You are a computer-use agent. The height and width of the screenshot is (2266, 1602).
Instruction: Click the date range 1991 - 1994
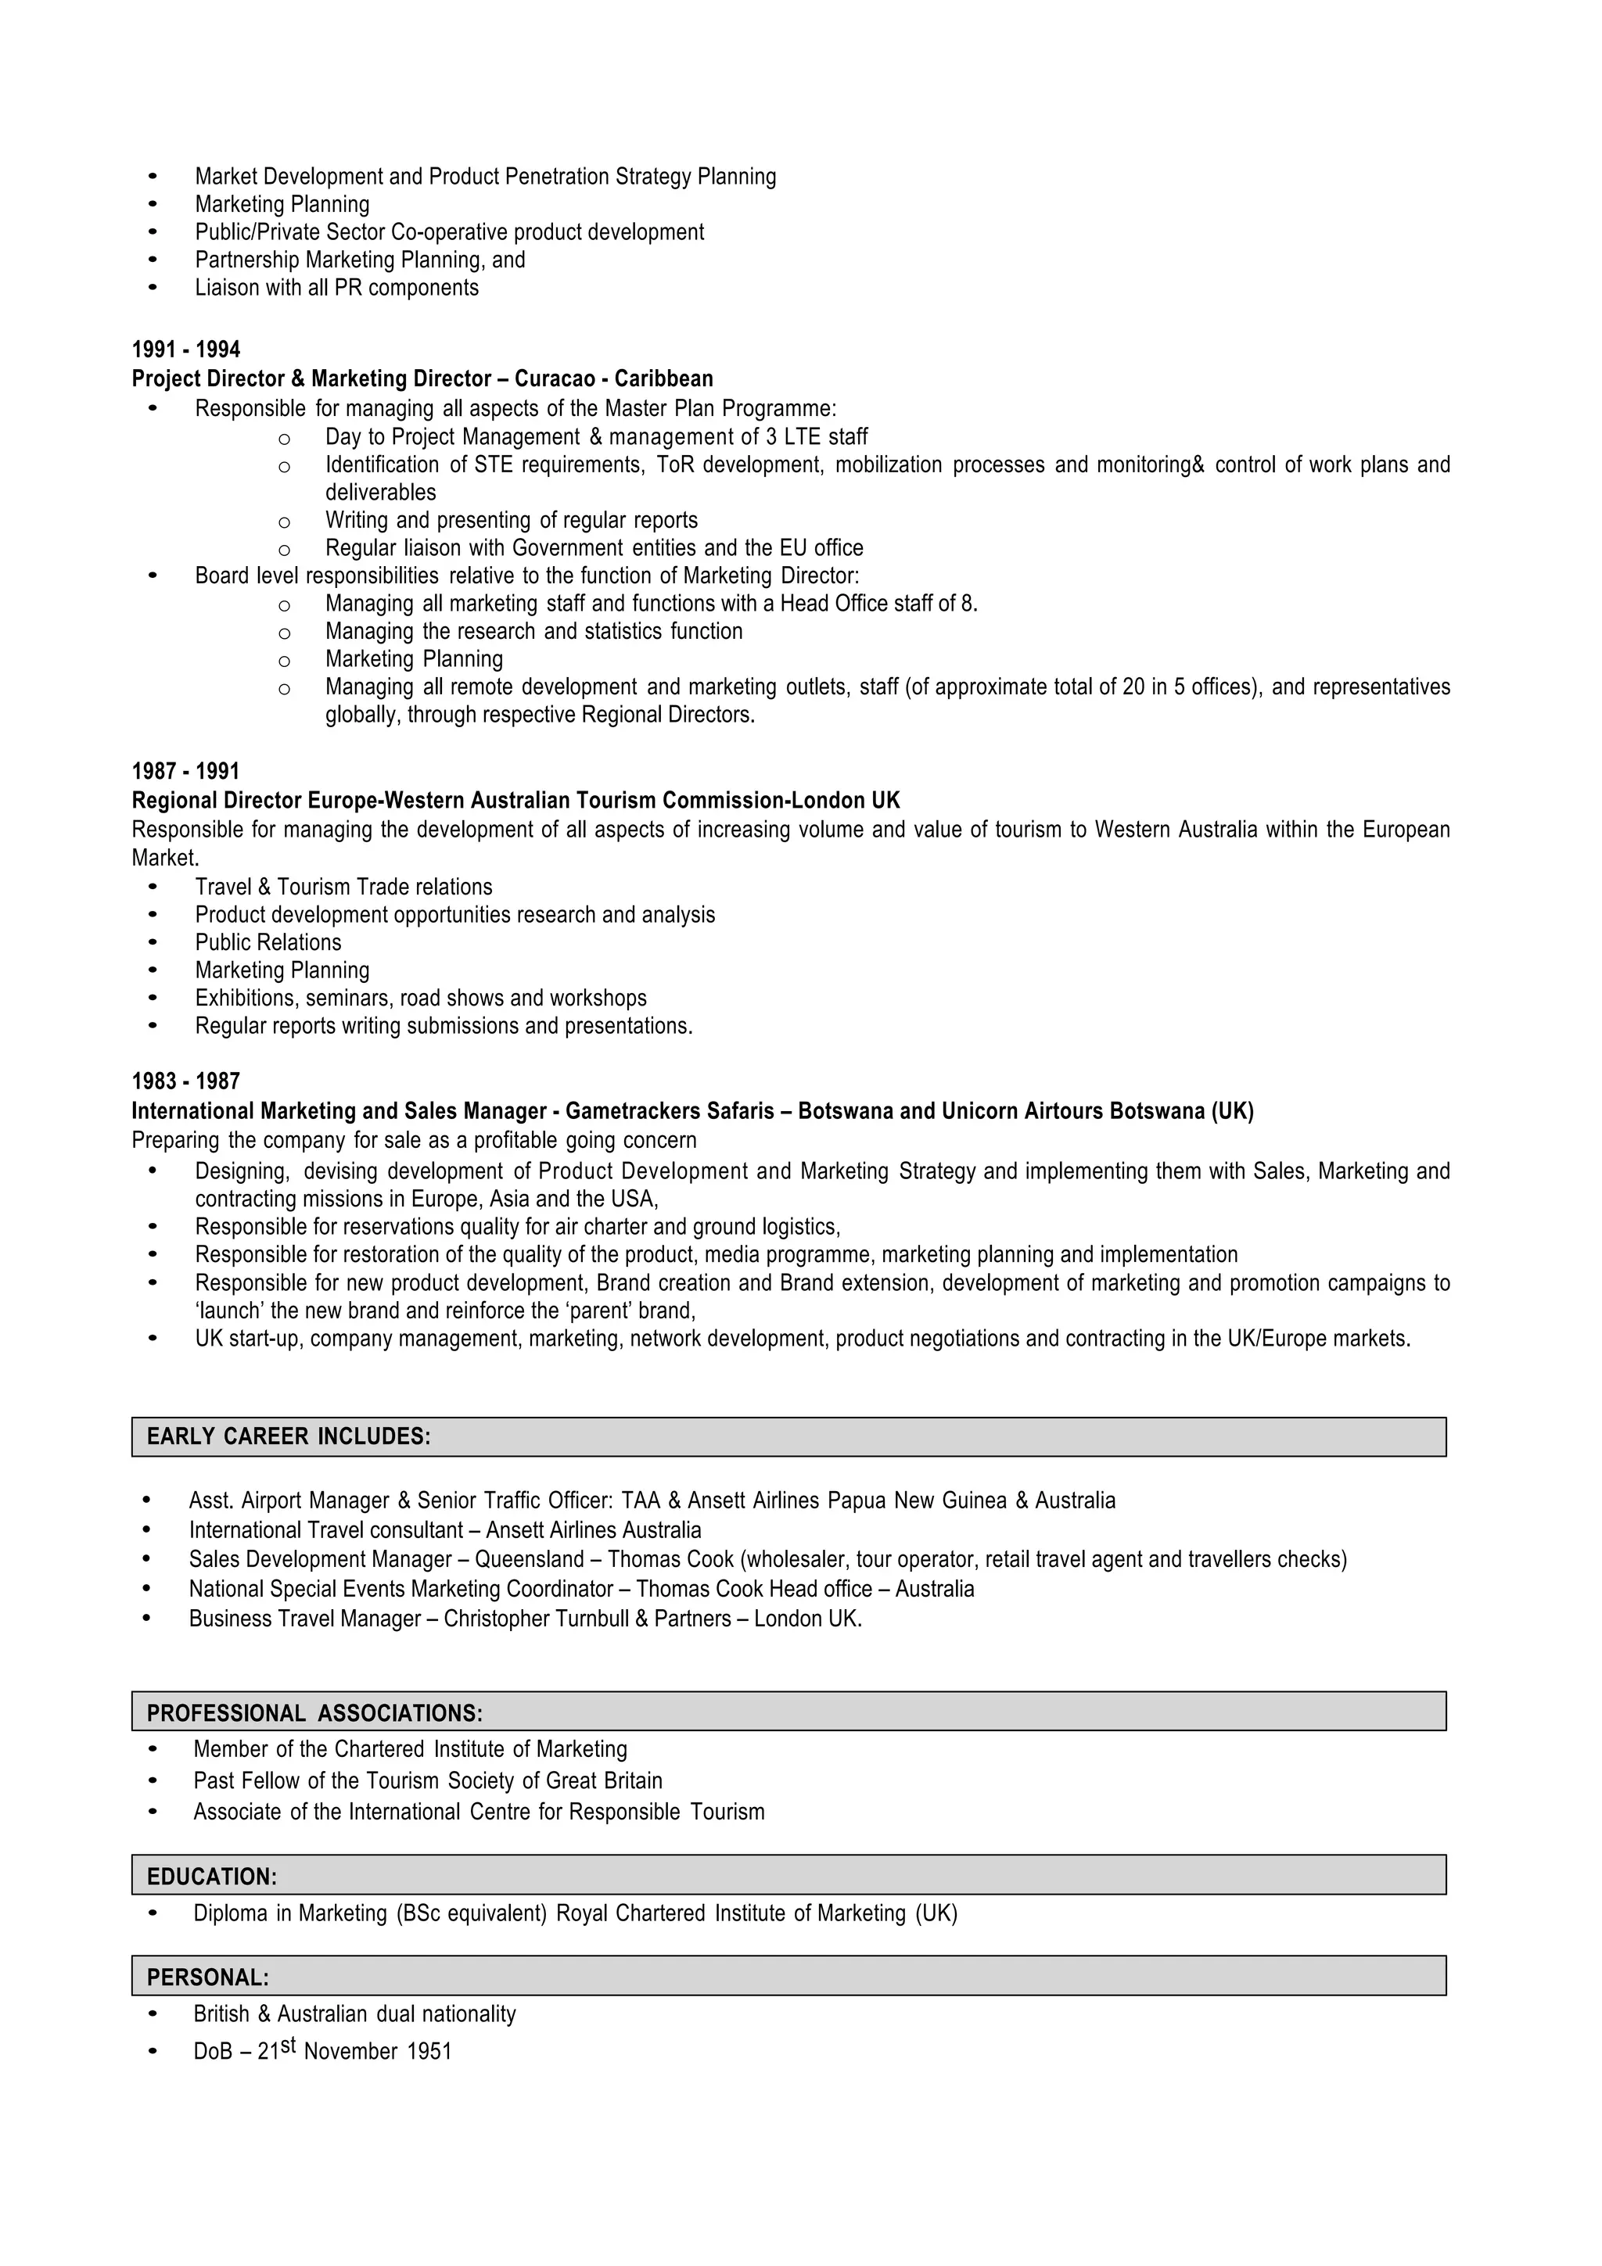[185, 350]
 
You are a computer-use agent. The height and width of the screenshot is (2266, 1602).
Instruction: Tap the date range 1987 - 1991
[185, 771]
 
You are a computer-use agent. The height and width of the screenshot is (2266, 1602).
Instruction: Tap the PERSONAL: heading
[208, 1977]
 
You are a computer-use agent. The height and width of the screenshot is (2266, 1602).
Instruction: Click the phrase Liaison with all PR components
[336, 289]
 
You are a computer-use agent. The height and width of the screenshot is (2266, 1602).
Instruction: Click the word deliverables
[380, 493]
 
